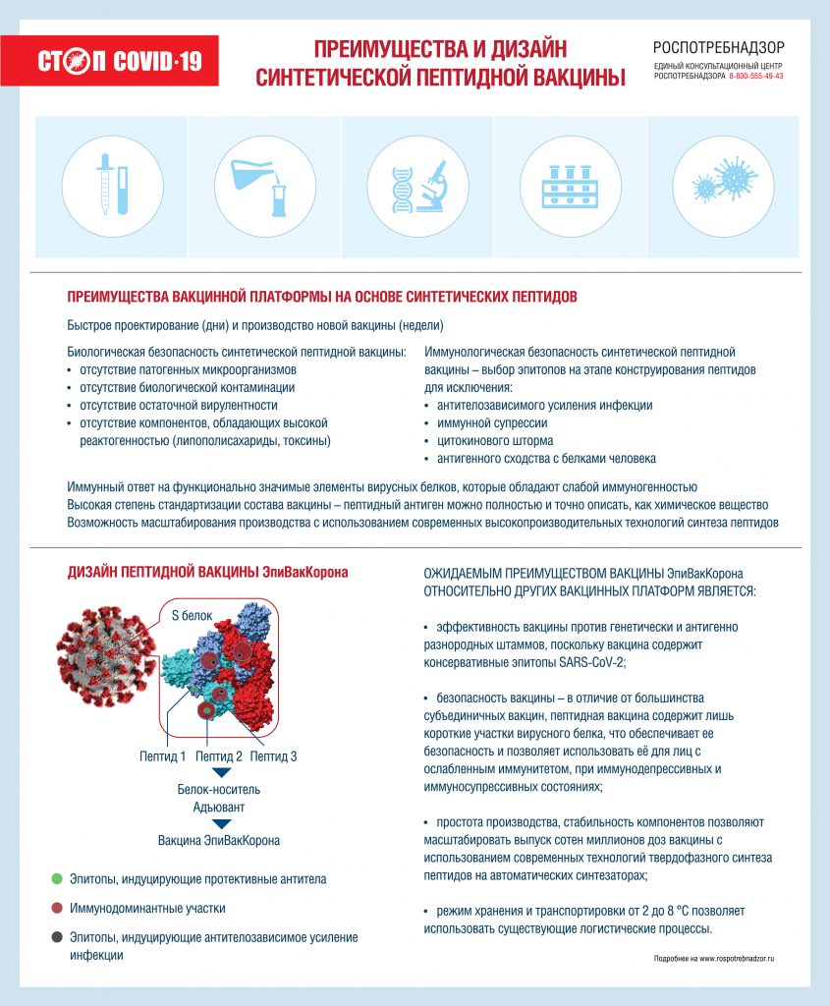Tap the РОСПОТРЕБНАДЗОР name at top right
click(x=719, y=47)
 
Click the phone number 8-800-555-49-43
click(x=756, y=77)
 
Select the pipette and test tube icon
click(x=112, y=184)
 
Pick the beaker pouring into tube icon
click(x=264, y=184)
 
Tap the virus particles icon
click(x=722, y=184)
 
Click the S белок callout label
click(x=192, y=616)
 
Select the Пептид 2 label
click(x=218, y=756)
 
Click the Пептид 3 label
click(x=273, y=756)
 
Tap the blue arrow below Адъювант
click(x=221, y=824)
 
